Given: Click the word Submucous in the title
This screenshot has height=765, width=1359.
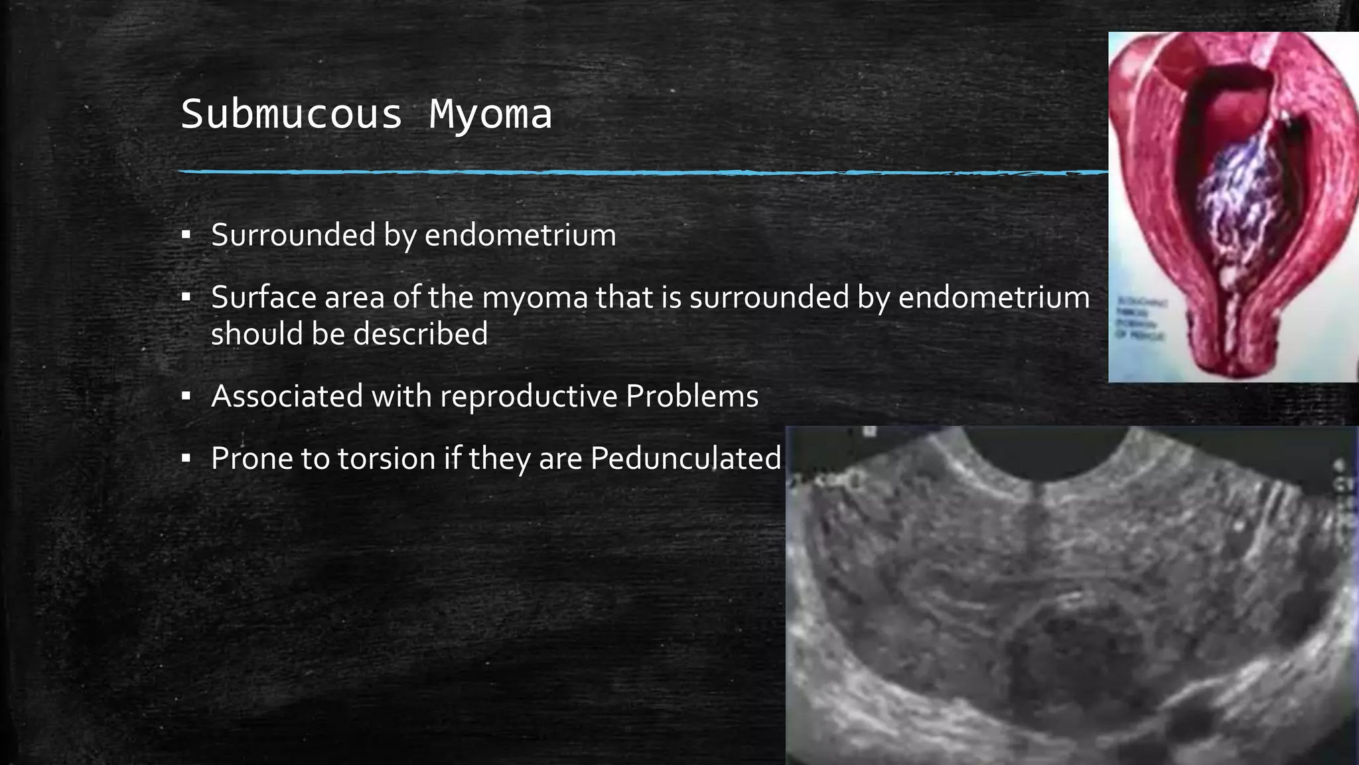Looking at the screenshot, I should pyautogui.click(x=291, y=114).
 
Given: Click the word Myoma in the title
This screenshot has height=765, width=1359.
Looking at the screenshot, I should pyautogui.click(x=490, y=114).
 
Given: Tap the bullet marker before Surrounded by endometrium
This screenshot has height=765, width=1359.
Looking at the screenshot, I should pyautogui.click(x=186, y=234).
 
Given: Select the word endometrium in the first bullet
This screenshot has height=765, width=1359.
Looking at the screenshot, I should pyautogui.click(x=520, y=235).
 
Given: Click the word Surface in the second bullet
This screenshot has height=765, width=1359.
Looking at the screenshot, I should pyautogui.click(x=263, y=297).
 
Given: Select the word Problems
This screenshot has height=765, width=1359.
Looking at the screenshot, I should pyautogui.click(x=691, y=396).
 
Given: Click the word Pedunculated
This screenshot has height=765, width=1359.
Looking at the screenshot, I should pyautogui.click(x=685, y=458).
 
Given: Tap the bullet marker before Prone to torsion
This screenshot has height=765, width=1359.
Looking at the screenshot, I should pyautogui.click(x=186, y=458).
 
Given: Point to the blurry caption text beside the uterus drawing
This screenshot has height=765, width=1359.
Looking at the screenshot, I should pyautogui.click(x=1141, y=319).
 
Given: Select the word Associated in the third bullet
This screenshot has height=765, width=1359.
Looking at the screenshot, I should pyautogui.click(x=287, y=396).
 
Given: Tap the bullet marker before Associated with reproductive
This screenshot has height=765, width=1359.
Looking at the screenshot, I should pyautogui.click(x=186, y=396).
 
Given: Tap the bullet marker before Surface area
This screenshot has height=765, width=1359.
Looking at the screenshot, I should pyautogui.click(x=186, y=297).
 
